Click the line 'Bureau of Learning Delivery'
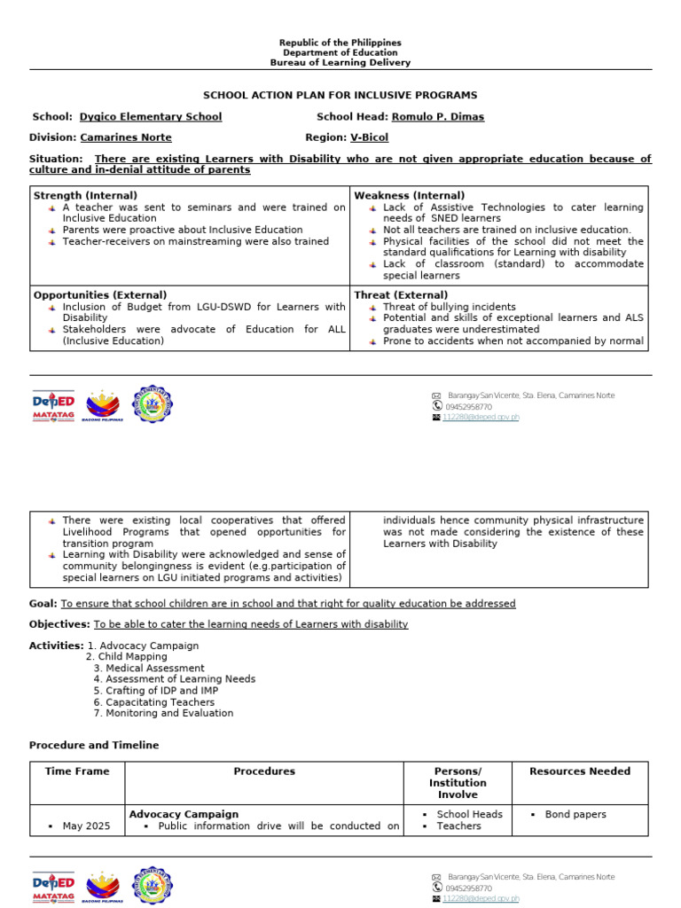point(340,63)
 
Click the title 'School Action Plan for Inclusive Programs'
point(340,95)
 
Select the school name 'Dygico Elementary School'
point(151,117)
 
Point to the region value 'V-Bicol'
point(369,137)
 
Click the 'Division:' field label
point(53,137)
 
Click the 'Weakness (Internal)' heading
point(409,195)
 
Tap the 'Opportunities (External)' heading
point(99,294)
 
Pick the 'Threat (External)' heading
point(401,294)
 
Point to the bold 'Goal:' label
point(43,604)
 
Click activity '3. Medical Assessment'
point(149,668)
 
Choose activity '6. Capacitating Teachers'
point(154,702)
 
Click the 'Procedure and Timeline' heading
point(94,745)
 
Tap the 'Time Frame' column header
point(77,771)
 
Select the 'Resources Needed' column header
point(580,771)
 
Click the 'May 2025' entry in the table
point(86,826)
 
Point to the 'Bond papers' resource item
point(575,814)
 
